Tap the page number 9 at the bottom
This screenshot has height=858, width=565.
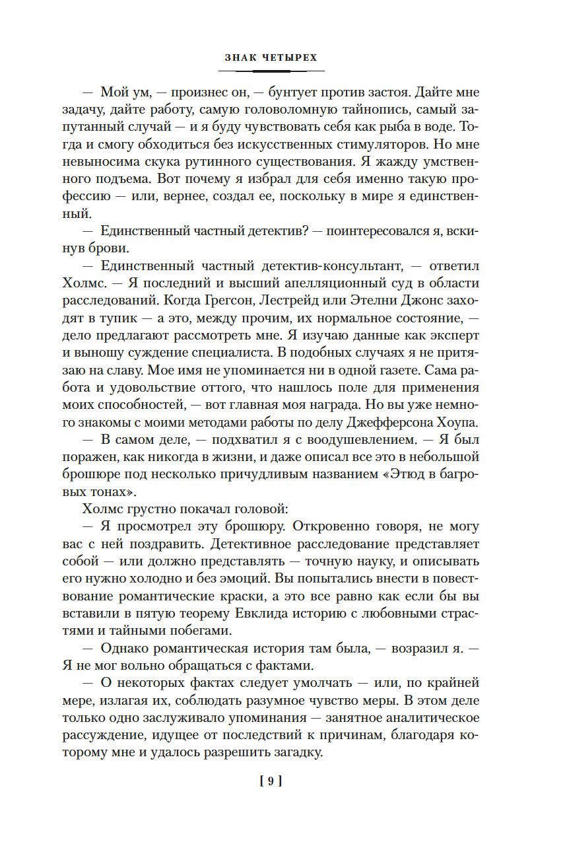[x=271, y=781]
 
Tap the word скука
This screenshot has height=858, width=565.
[x=164, y=161]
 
